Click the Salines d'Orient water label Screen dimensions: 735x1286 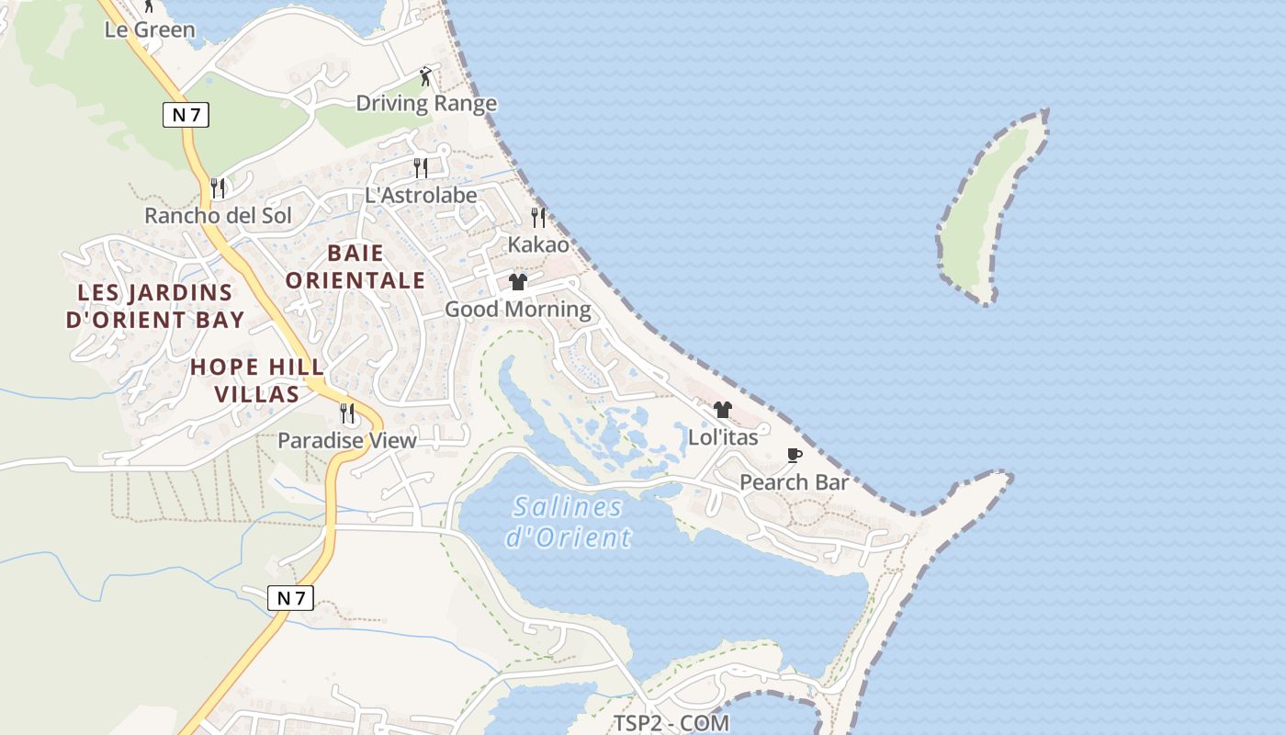coord(569,521)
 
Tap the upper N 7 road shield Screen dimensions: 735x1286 coord(186,115)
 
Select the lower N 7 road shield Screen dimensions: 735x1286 coord(291,598)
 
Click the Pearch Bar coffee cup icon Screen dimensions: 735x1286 coord(795,456)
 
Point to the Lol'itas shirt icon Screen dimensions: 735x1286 coord(723,410)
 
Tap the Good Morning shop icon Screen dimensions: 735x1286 coord(518,282)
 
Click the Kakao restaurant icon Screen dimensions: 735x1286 coord(538,218)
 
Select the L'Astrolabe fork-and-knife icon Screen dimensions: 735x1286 coord(421,167)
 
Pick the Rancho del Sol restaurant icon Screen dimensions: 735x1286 coord(218,187)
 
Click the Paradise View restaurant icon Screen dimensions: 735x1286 coord(347,413)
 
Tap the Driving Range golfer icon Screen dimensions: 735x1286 coord(425,76)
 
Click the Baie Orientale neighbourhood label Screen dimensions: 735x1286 coord(355,266)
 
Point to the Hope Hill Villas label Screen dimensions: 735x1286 coord(257,380)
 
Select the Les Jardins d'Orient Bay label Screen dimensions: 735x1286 coord(155,306)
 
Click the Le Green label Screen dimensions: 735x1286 coord(150,29)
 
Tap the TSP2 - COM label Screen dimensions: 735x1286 coord(671,723)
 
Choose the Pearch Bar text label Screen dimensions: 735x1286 coord(794,482)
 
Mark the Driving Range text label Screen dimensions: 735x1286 coord(426,103)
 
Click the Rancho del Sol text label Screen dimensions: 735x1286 coord(218,216)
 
